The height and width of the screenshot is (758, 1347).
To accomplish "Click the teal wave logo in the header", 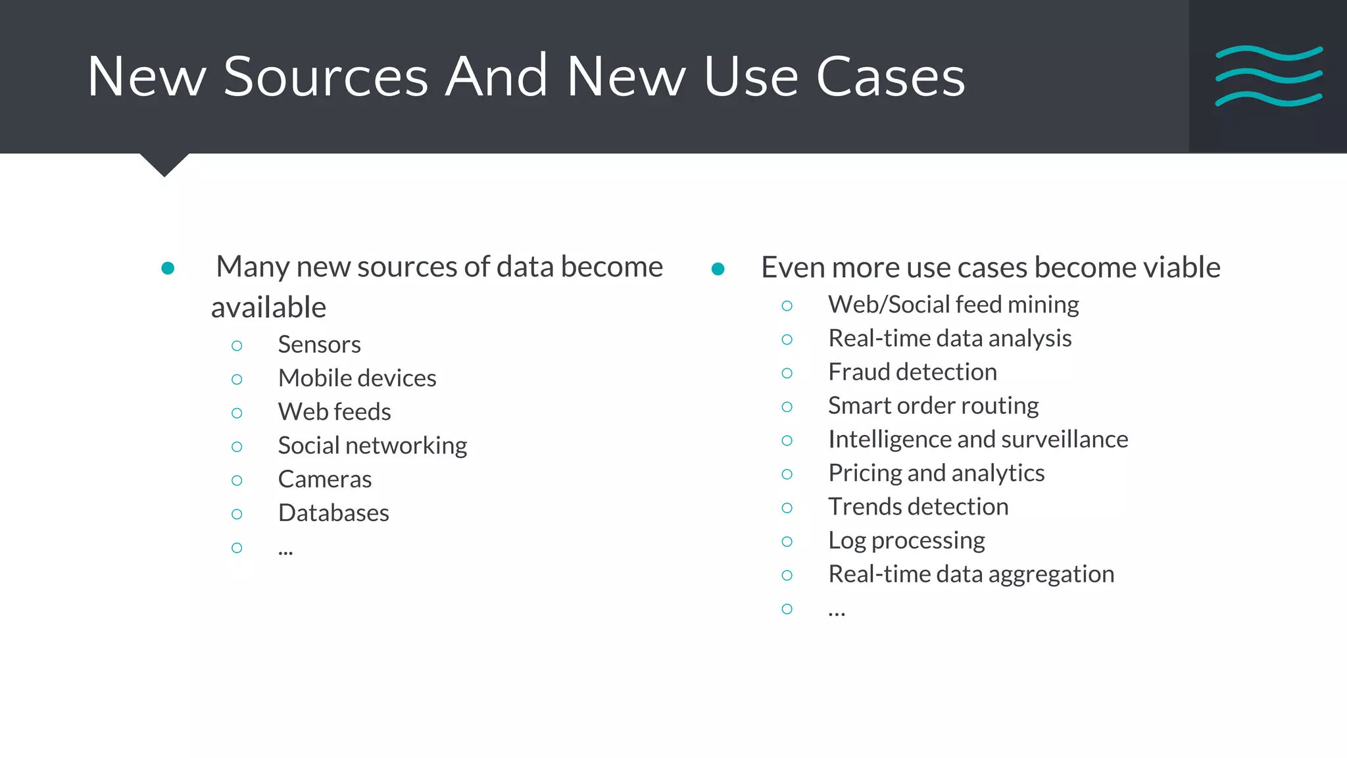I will point(1269,76).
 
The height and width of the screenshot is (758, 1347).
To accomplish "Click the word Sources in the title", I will point(326,77).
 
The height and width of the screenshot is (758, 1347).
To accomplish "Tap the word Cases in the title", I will point(891,77).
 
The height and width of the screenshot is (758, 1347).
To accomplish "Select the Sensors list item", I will point(319,345).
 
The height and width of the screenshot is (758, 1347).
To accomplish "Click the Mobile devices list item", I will point(357,378).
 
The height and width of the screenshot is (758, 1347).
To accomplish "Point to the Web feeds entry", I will point(334,412).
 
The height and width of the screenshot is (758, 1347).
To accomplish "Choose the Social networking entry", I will point(372,445).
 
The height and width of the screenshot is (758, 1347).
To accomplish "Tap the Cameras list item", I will point(325,480).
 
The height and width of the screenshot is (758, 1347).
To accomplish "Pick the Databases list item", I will point(333,513).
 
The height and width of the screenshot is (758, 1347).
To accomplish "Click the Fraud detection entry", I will point(912,372).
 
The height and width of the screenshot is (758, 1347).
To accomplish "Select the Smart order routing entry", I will point(933,406).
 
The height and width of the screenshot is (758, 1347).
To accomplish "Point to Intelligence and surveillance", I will point(978,440).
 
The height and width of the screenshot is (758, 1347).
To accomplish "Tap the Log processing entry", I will point(906,541).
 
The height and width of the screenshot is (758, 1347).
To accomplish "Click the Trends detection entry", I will point(918,507).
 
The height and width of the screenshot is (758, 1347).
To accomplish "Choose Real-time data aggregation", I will point(971,574).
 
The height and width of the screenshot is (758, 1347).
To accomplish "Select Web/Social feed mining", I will point(953,305).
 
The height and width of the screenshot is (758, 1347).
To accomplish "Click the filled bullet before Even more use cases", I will point(718,268).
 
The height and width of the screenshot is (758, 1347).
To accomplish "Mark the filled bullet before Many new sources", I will point(168,268).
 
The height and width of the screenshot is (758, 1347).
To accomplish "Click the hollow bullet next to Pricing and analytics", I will point(787,474).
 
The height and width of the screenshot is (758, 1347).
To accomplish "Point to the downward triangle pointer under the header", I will point(164,164).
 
